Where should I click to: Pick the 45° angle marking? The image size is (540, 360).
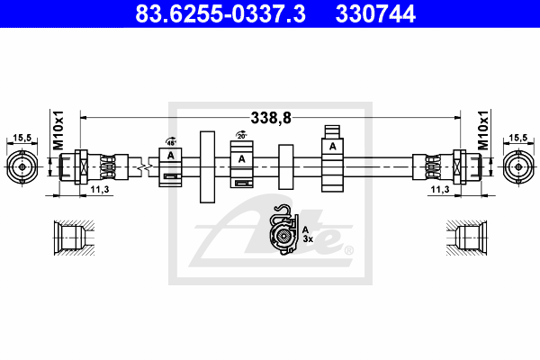coord(170,140)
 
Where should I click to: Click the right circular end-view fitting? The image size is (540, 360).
coord(518,166)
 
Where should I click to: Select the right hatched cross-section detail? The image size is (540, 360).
coord(470,238)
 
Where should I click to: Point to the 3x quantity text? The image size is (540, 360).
coord(307,240)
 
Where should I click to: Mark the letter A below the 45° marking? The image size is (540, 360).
coord(170,157)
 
